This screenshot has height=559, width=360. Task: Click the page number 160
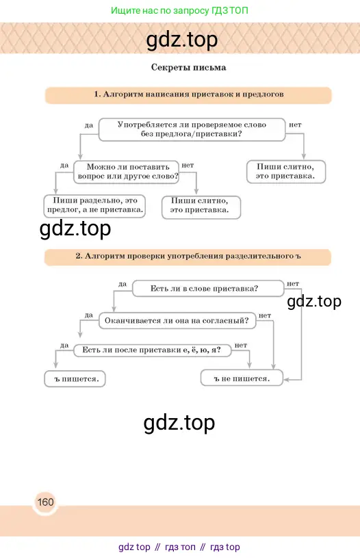pos(45,502)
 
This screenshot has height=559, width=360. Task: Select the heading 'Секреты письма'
pos(188,67)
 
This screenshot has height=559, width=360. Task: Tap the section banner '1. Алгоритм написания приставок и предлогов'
pos(188,95)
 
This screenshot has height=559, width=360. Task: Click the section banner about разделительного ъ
pos(188,257)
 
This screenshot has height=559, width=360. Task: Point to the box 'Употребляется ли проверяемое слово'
pos(192,129)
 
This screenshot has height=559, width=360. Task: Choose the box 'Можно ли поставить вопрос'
pos(127,172)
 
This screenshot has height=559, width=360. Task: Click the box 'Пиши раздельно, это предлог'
pos(94,206)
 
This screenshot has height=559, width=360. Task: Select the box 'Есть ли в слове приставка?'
pos(208,289)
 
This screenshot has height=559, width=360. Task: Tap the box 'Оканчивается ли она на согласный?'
pos(177,320)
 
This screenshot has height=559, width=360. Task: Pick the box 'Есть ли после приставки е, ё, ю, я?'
pos(152,350)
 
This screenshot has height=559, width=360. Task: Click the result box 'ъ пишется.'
pos(75,379)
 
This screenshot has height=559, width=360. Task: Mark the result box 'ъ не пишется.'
pos(242,378)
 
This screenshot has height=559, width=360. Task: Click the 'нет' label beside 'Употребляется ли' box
pos(295,125)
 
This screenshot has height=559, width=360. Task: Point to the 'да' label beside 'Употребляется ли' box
pos(89,125)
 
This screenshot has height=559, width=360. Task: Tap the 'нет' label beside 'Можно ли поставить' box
pos(188,165)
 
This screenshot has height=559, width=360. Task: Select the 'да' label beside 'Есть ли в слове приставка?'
pos(123,284)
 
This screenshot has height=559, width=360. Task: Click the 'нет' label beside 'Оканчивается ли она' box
pos(265,315)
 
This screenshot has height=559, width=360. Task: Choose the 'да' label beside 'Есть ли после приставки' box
pos(64,345)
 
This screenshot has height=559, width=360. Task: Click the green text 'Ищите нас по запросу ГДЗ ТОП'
pos(179,10)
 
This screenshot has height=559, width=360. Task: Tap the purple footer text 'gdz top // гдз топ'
pos(157,547)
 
